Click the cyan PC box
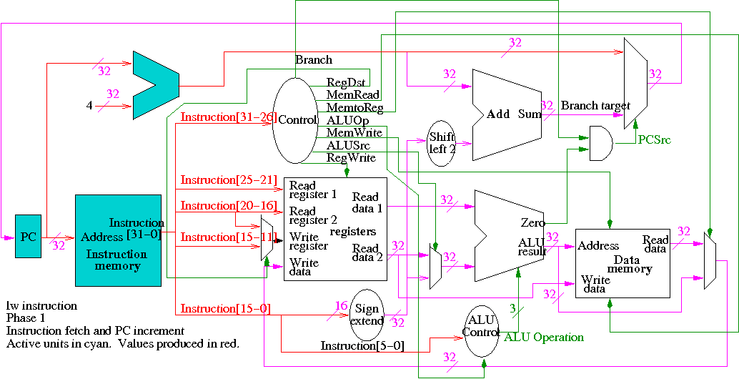coord(28,237)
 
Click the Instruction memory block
coord(119,240)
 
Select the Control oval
coord(294,120)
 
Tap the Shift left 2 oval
coord(442,144)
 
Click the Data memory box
coord(623,262)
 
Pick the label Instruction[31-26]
coord(228,117)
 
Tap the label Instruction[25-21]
coord(228,179)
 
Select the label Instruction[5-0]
coord(362,346)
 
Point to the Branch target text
coord(595,106)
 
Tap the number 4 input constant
coord(89,106)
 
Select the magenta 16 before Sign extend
coord(341,306)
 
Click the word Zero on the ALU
coord(532,223)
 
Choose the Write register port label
coord(308,242)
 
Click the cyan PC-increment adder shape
coord(154,85)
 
